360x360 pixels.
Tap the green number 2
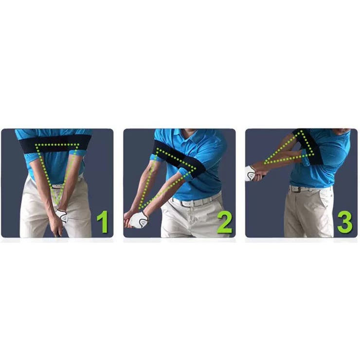click(225, 222)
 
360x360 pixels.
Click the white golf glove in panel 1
click(62, 216)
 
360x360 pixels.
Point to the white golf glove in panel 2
click(139, 219)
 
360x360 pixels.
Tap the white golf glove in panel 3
click(251, 173)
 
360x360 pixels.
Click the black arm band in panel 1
click(55, 143)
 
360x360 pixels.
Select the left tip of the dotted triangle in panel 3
click(265, 163)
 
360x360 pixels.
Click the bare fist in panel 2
click(127, 219)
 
